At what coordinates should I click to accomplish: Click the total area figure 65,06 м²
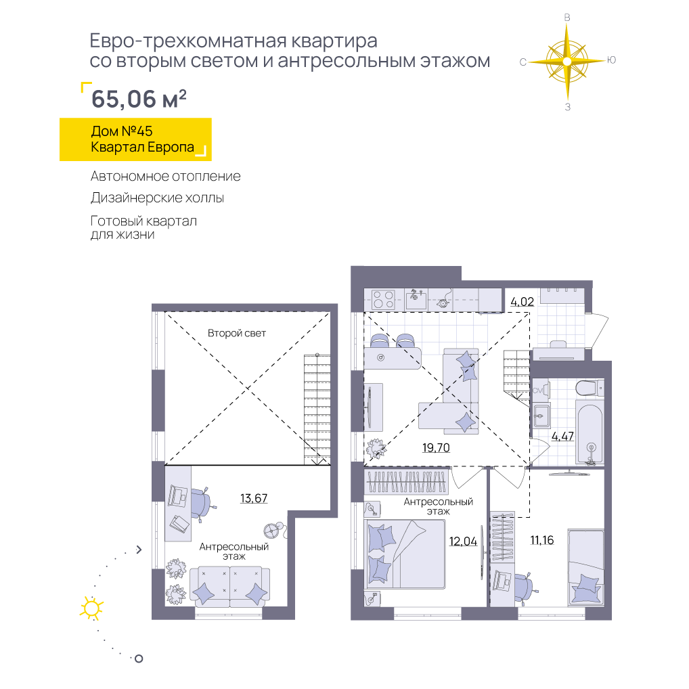click(x=139, y=98)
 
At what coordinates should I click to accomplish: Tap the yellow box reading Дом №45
click(x=135, y=139)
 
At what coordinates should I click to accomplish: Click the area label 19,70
click(x=436, y=448)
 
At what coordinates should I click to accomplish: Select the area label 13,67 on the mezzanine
click(x=254, y=498)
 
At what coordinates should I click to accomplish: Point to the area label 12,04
click(x=463, y=541)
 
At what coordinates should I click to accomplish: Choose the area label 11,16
click(x=542, y=540)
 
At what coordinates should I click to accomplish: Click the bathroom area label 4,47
click(x=562, y=437)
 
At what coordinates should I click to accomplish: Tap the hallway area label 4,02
click(x=522, y=302)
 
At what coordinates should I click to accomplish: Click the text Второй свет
click(x=236, y=334)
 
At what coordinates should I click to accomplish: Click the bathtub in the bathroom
click(x=590, y=432)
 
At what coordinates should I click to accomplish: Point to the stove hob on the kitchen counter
click(x=383, y=300)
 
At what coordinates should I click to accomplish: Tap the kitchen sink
click(x=416, y=300)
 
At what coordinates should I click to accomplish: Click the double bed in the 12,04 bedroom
click(x=405, y=554)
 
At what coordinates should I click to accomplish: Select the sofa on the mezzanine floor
click(x=229, y=587)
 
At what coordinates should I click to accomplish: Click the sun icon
click(x=91, y=608)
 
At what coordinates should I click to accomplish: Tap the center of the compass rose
click(x=567, y=61)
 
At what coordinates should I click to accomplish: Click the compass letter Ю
click(x=611, y=60)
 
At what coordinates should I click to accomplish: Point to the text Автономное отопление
click(x=166, y=176)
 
